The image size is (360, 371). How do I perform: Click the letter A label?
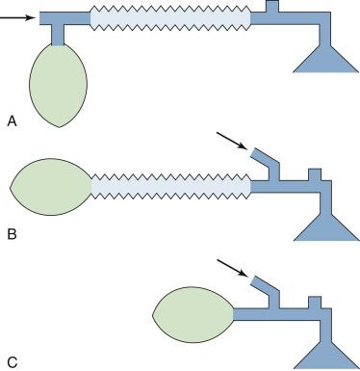pyautogui.click(x=11, y=120)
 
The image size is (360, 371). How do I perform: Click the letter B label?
pyautogui.click(x=11, y=232)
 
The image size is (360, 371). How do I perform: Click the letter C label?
pyautogui.click(x=11, y=361)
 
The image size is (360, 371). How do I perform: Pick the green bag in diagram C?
pyautogui.click(x=193, y=313)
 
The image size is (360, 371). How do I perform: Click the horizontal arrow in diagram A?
pyautogui.click(x=18, y=17)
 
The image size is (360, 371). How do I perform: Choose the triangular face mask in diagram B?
pyautogui.click(x=324, y=226)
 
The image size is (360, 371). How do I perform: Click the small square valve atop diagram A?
pyautogui.click(x=270, y=6)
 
